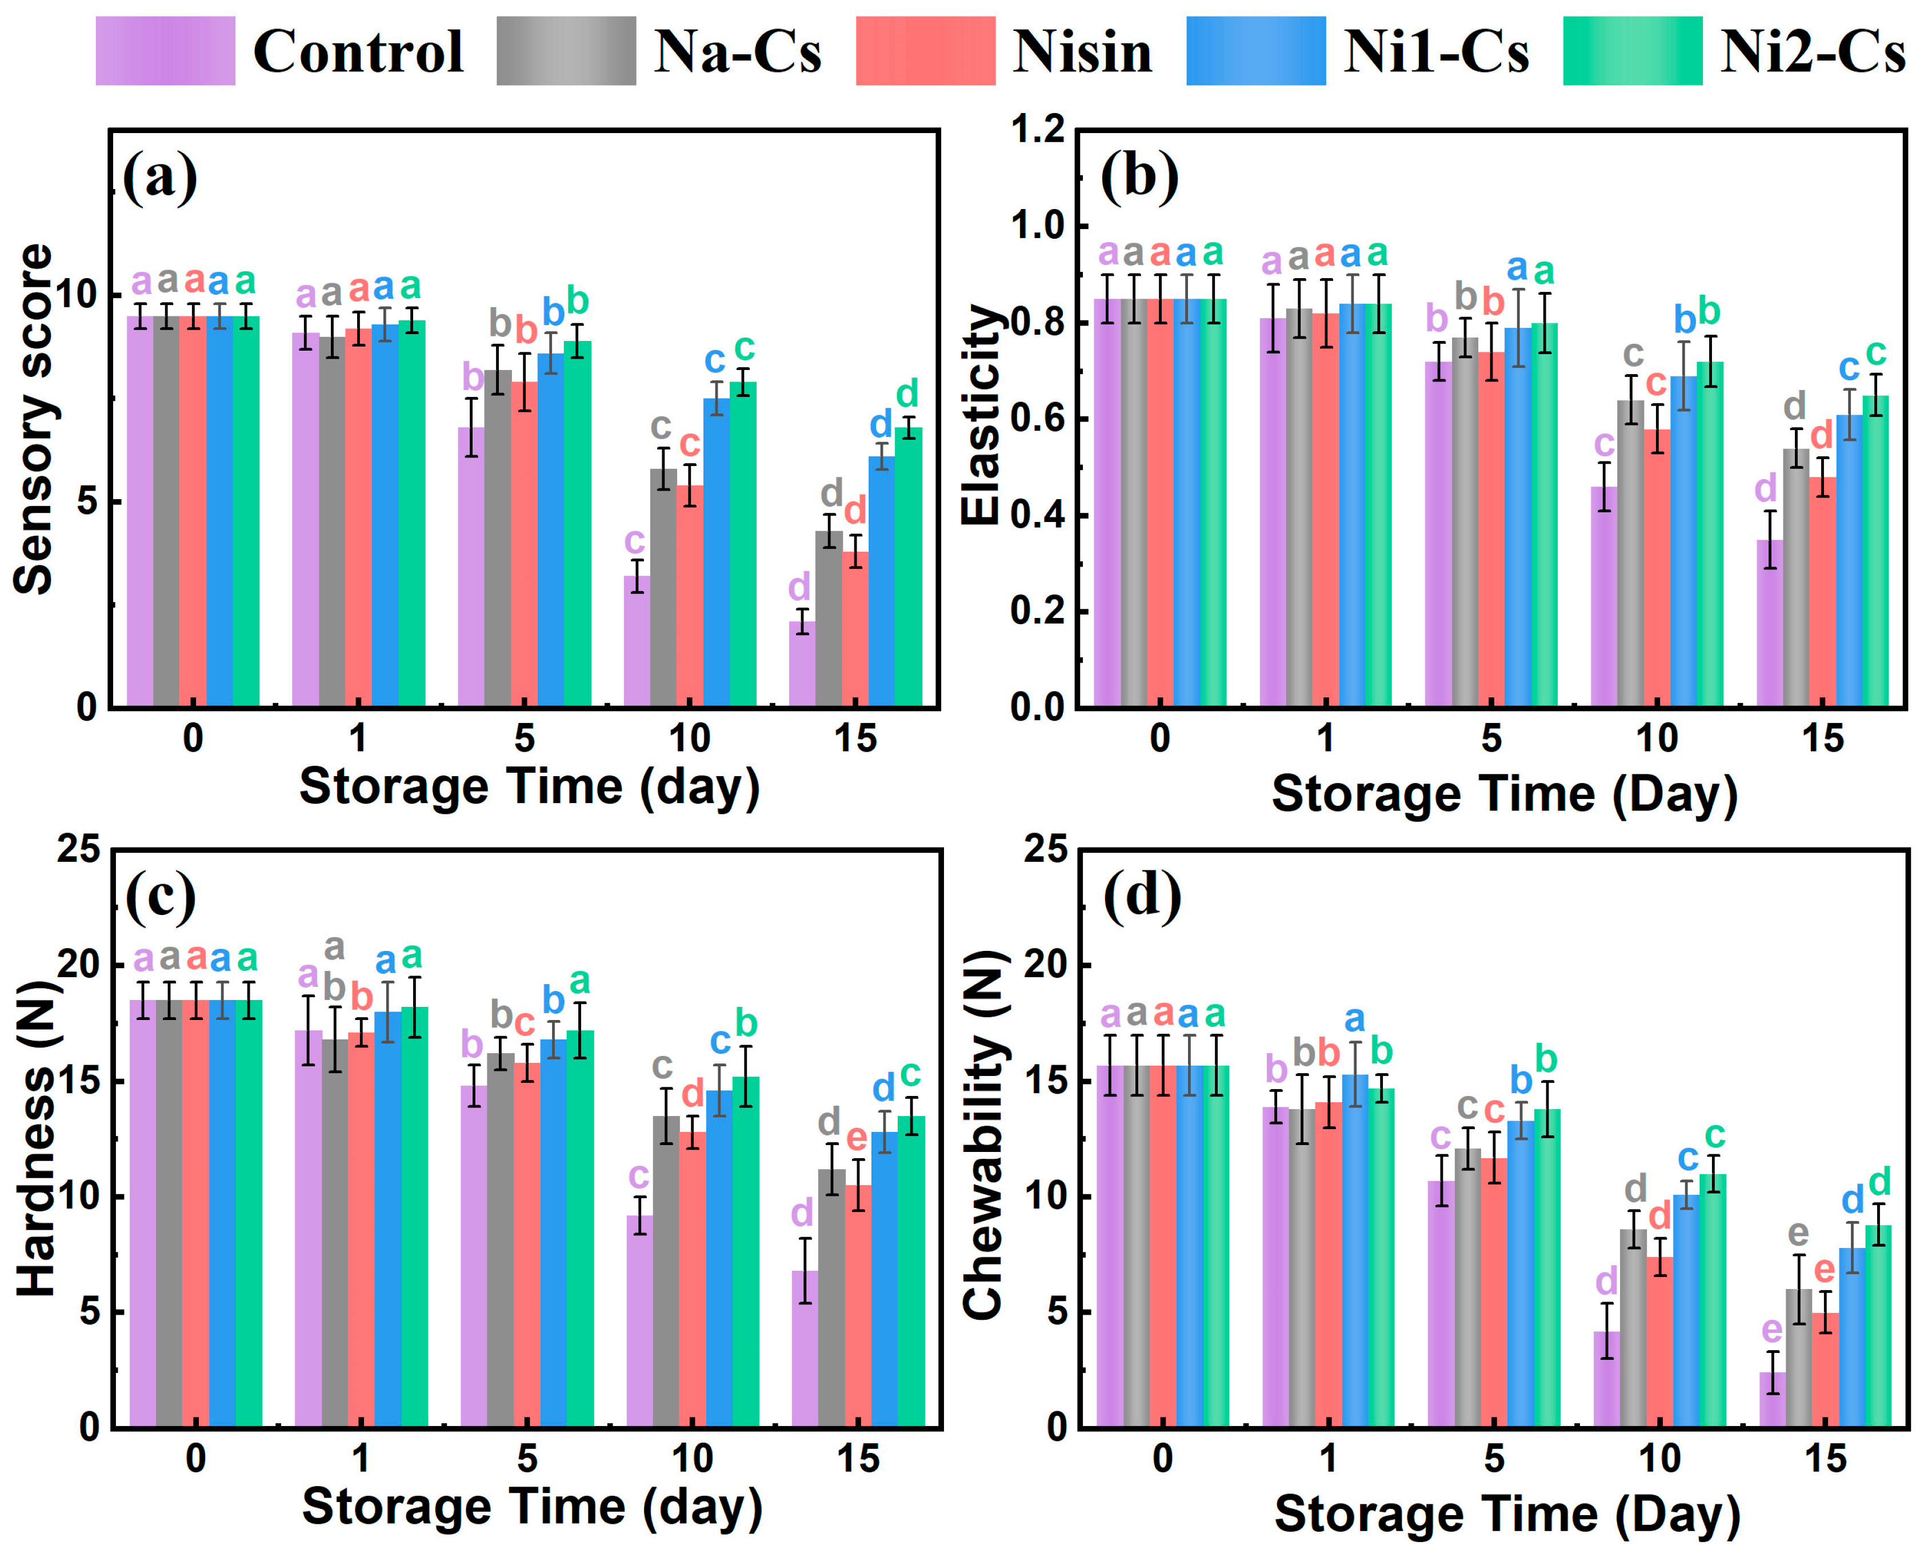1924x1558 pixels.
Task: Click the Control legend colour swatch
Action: coord(165,51)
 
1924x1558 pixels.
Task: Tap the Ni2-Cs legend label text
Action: coord(1812,51)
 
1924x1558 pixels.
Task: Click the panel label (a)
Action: coord(160,177)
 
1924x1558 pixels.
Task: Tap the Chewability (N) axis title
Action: coord(982,1136)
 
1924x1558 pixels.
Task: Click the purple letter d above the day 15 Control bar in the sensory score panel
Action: coord(799,587)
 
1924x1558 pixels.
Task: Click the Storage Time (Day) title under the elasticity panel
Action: coord(1504,793)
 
